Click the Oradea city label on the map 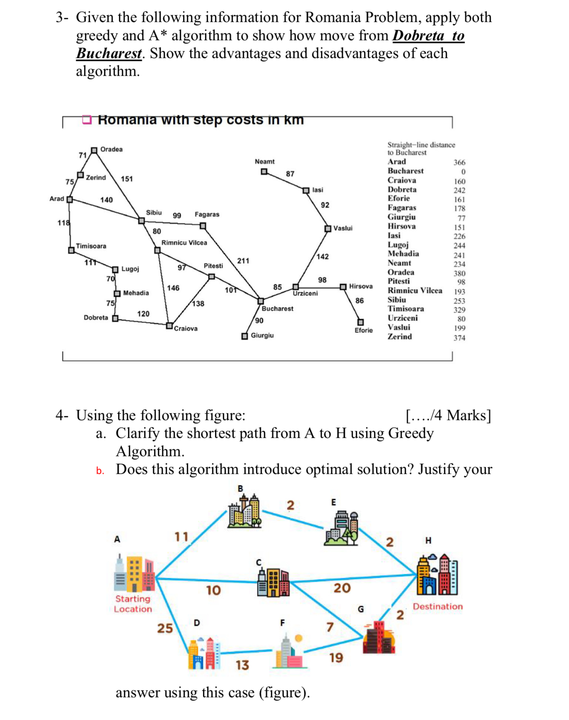pyautogui.click(x=111, y=149)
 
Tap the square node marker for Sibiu pyautogui.click(x=141, y=221)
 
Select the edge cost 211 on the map pyautogui.click(x=243, y=261)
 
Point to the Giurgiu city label pyautogui.click(x=262, y=335)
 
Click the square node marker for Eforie pyautogui.click(x=361, y=322)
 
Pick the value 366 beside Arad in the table pyautogui.click(x=459, y=162)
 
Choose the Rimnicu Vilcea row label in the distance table pyautogui.click(x=415, y=290)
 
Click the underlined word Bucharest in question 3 pyautogui.click(x=109, y=53)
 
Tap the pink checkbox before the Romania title pyautogui.click(x=87, y=120)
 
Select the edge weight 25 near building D pyautogui.click(x=165, y=628)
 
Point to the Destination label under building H pyautogui.click(x=438, y=606)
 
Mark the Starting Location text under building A pyautogui.click(x=133, y=604)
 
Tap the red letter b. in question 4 pyautogui.click(x=100, y=471)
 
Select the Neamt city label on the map pyautogui.click(x=265, y=161)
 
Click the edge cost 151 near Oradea pyautogui.click(x=127, y=179)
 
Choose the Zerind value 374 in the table pyautogui.click(x=459, y=338)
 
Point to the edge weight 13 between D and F pyautogui.click(x=242, y=665)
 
